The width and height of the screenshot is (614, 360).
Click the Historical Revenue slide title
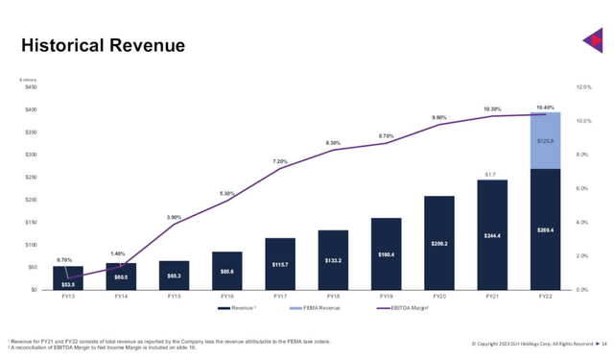[x=103, y=46]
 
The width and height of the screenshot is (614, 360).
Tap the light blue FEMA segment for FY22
[x=545, y=140]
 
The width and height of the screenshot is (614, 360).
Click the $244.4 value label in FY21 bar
[x=491, y=235]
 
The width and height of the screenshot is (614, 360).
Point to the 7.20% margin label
[x=280, y=161]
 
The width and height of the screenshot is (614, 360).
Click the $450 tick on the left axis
[x=31, y=87]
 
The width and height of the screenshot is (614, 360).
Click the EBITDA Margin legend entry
[x=404, y=308]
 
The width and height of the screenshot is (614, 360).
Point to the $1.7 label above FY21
[x=491, y=175]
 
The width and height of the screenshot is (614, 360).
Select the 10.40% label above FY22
[x=545, y=108]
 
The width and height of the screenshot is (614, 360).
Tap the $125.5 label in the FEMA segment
[x=545, y=141]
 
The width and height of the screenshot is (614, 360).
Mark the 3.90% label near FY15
[x=174, y=217]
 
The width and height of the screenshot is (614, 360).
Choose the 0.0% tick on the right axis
[x=582, y=290]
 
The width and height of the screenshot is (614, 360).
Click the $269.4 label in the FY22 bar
[x=545, y=230]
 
